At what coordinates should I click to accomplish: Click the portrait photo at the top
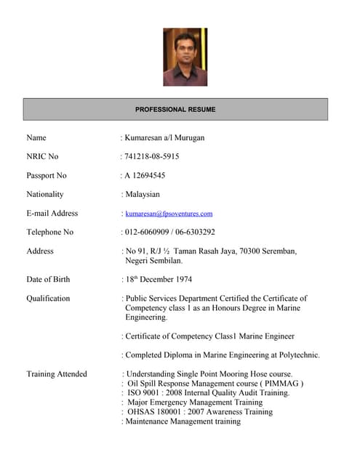185,57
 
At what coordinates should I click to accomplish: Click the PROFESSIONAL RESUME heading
175,109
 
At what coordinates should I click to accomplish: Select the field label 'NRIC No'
42,156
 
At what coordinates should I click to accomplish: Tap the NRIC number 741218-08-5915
152,156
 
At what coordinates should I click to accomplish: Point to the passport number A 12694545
145,175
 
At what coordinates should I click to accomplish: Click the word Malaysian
143,194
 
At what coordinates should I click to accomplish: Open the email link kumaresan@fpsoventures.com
169,214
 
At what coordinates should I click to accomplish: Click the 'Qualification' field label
48,298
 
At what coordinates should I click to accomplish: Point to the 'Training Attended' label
57,374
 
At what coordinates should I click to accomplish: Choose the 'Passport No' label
47,175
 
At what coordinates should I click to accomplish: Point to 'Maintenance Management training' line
183,421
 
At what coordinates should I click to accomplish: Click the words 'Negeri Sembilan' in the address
155,260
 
